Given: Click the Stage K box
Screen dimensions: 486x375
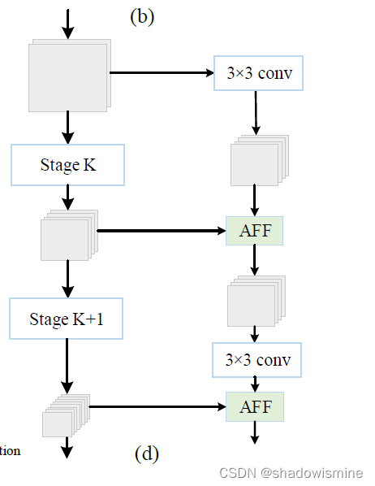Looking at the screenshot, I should [67, 165].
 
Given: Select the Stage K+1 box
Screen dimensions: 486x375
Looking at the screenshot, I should [67, 319].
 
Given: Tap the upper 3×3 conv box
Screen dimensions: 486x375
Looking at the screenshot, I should [259, 74].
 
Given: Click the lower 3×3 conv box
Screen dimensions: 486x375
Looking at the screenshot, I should [256, 359].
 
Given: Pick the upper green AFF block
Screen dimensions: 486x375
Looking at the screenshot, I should [255, 231].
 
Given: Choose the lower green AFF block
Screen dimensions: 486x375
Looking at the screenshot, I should [255, 405].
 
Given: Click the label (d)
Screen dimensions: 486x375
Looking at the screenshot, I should [147, 453].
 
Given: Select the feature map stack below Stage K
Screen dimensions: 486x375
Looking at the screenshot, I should [68, 235].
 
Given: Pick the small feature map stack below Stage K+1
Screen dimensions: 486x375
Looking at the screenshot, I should [64, 416].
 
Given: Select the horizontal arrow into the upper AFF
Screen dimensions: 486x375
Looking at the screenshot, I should [161, 231].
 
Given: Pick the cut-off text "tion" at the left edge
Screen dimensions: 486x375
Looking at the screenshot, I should [10, 451].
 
